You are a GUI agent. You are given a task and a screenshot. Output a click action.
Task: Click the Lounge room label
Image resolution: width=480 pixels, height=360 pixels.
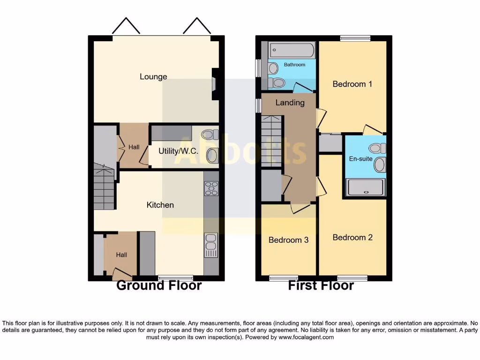pos(153,77)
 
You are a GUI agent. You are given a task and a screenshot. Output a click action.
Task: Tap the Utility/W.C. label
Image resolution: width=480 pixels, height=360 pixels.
pos(178,151)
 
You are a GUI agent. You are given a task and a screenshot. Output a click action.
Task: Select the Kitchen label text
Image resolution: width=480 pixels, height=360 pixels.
pos(160,205)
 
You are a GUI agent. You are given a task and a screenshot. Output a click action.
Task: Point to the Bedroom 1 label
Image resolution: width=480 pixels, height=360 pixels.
pos(352,84)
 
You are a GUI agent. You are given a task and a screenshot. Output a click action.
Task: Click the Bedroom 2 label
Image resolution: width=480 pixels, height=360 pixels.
pos(352,238)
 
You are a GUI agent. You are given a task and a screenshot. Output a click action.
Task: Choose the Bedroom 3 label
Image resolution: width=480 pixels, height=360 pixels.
pos(288,240)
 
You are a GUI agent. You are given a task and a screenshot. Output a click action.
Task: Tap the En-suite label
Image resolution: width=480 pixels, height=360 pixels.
pos(361,159)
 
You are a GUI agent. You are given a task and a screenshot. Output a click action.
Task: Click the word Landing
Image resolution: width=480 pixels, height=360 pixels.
pos(290,103)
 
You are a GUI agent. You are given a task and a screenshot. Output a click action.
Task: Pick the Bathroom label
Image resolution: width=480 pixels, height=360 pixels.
pos(293,65)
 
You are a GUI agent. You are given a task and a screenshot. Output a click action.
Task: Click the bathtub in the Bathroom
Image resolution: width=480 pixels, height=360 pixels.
pos(292,50)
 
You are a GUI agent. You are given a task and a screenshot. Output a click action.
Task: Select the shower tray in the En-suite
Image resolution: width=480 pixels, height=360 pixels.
pos(365,187)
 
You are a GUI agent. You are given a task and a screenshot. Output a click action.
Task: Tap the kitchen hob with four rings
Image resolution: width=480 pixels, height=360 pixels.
pos(211,188)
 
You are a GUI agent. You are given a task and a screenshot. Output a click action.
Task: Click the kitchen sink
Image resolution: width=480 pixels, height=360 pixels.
pos(211,245)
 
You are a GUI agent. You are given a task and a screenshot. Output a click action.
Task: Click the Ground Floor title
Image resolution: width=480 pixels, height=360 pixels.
pos(158,285)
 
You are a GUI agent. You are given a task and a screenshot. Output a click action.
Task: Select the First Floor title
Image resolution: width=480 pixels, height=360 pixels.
pos(321,285)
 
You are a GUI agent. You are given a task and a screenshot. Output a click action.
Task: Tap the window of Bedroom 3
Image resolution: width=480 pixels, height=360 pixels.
pos(284,278)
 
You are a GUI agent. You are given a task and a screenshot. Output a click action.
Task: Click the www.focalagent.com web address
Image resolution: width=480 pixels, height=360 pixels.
pos(306,337)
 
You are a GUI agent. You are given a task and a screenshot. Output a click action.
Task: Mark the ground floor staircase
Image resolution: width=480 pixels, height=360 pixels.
pos(104,187)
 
